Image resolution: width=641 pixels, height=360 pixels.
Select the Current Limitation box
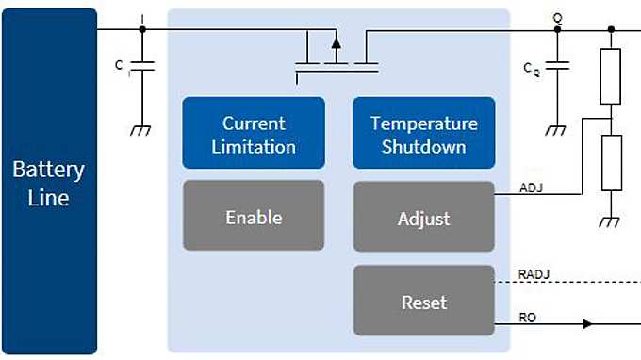(254, 135)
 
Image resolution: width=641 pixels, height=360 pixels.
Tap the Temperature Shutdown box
(423, 135)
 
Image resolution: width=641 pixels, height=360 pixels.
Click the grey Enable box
(254, 217)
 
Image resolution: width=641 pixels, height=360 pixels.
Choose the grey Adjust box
(423, 218)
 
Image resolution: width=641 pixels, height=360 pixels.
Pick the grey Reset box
(423, 302)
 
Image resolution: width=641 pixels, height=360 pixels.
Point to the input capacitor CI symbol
(142, 68)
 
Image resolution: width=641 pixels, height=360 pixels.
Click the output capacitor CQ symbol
(557, 68)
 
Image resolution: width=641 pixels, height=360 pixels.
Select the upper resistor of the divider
(611, 76)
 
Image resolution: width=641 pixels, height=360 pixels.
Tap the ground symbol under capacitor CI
(142, 130)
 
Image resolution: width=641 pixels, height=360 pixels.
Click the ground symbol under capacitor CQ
(557, 130)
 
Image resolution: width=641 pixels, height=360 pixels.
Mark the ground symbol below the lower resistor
(611, 221)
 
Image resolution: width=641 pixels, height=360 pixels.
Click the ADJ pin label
(531, 188)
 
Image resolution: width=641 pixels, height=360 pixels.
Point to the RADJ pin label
(534, 274)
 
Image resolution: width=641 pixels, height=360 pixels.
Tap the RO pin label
(528, 318)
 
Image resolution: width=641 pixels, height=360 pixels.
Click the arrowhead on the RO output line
(588, 324)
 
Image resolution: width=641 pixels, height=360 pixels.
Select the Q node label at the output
(557, 16)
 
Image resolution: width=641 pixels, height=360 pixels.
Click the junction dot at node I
(142, 29)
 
